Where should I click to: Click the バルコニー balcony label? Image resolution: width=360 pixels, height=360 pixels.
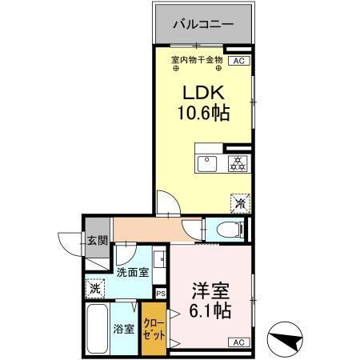203,25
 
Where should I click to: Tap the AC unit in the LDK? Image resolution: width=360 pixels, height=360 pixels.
238,60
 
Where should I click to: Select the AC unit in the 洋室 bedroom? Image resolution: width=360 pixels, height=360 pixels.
238,342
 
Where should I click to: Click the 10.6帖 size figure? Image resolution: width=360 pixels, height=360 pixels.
203,113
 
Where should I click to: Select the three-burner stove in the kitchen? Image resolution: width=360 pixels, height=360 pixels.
237,164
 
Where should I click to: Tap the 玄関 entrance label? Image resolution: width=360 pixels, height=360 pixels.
97,240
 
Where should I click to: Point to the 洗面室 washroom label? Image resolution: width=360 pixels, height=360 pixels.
132,272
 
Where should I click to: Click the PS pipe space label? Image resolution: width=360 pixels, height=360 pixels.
160,293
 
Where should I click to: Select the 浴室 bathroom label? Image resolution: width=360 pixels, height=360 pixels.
124,327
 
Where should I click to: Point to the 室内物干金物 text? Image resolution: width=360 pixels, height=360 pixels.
197,60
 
